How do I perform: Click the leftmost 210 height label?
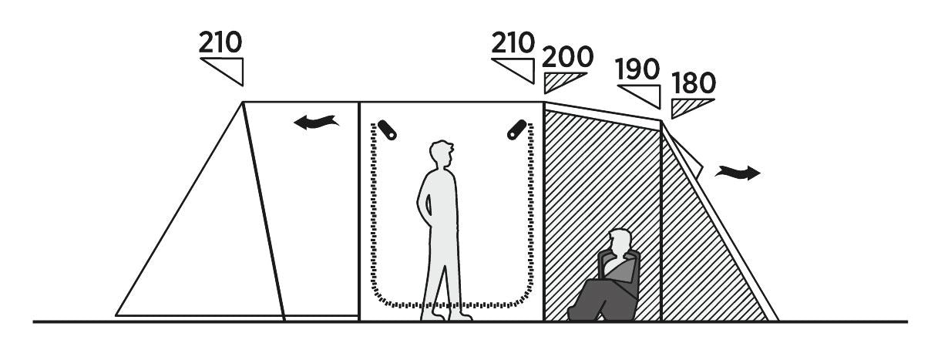(x=220, y=42)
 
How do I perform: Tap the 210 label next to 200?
(x=513, y=42)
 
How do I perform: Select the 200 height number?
(x=568, y=57)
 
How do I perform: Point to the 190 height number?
(x=638, y=69)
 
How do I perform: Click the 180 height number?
(x=694, y=82)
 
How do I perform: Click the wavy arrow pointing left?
(x=317, y=122)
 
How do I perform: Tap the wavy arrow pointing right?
(x=737, y=173)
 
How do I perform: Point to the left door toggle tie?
(x=387, y=130)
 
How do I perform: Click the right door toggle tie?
(x=516, y=129)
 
